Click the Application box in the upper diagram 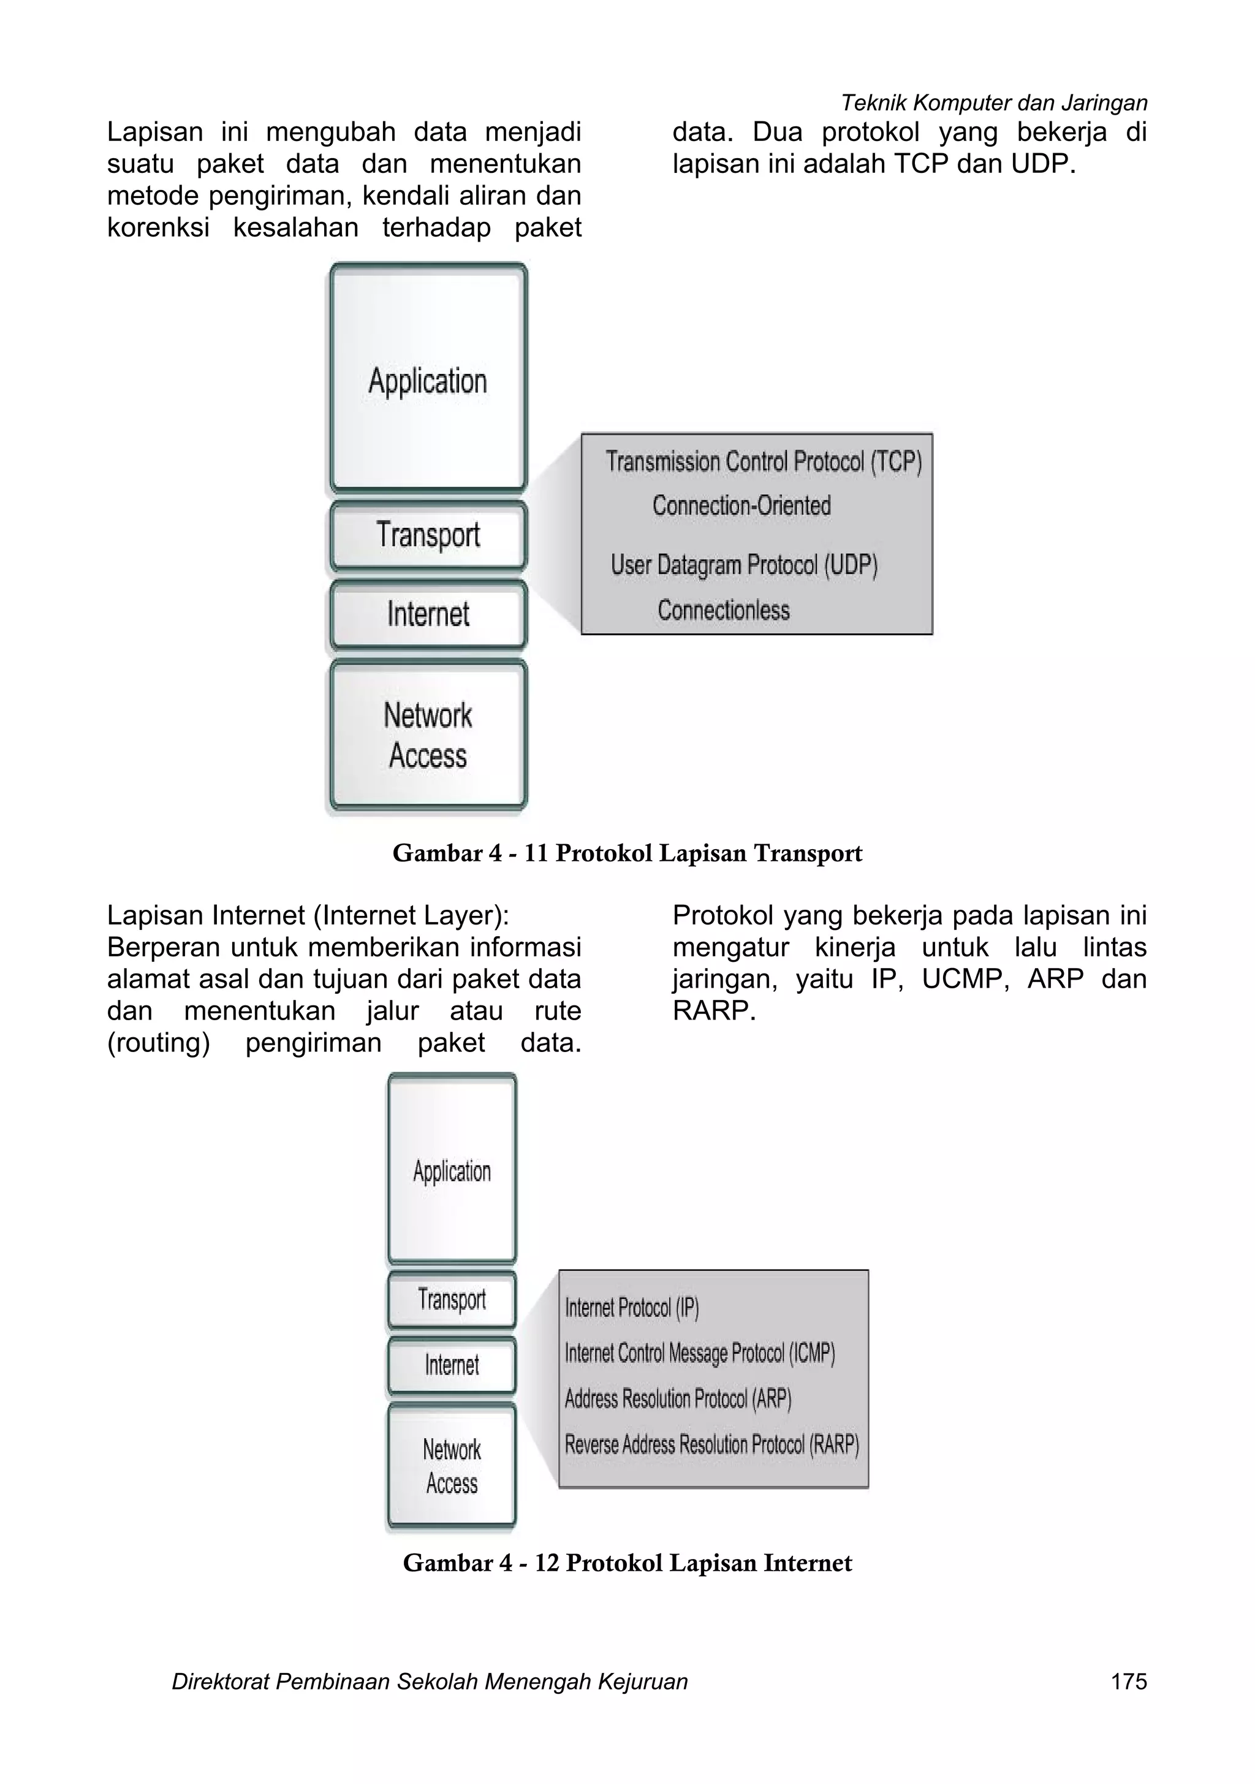428,380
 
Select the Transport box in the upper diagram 428,535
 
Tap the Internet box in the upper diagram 428,614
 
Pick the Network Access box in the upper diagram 428,735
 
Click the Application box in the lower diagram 452,1171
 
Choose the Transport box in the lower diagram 452,1299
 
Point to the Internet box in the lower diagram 452,1365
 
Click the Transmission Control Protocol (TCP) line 764,462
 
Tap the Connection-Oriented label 741,506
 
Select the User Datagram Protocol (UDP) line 744,565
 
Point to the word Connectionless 724,610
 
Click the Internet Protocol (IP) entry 632,1308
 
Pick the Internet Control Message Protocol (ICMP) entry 700,1354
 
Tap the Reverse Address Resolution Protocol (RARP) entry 711,1444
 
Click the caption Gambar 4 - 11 627,853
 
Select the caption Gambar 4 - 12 627,1563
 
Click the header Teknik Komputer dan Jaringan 994,102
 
